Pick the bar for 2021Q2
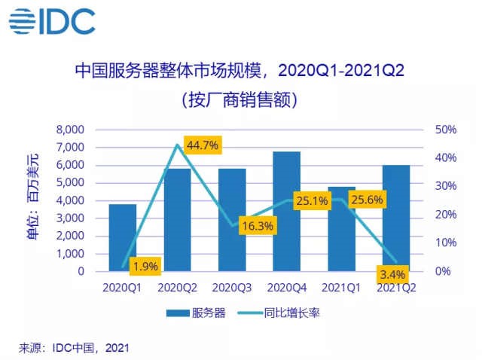(397, 218)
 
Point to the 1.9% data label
(145, 264)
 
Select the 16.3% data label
(255, 224)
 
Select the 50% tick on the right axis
(447, 130)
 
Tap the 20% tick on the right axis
(447, 215)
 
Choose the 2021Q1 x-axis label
(343, 287)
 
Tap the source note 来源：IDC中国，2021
(74, 346)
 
